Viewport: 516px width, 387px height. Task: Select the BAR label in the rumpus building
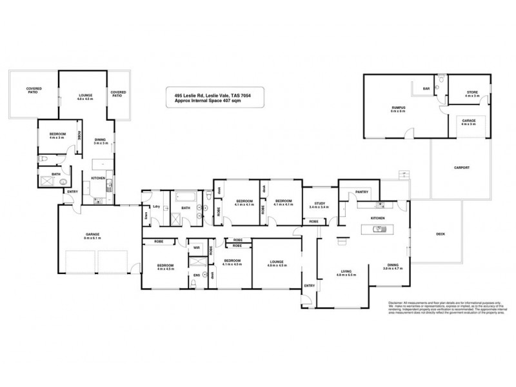coord(426,88)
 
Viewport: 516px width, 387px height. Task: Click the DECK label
coord(441,233)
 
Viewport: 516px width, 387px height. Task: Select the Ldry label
coord(155,206)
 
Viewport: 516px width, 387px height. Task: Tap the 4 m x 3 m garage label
coord(468,122)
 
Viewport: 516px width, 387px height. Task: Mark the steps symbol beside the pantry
coord(403,174)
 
